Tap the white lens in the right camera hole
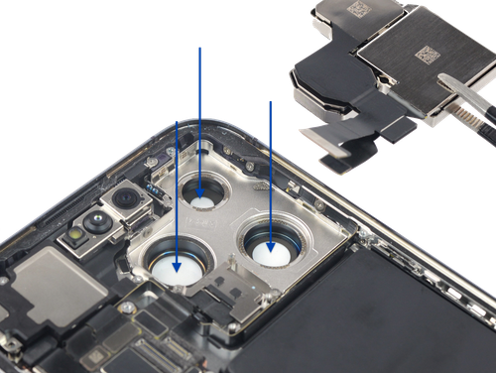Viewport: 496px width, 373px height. pyautogui.click(x=269, y=254)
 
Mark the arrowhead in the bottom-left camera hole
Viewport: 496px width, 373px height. pyautogui.click(x=178, y=264)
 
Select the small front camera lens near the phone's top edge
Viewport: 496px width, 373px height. pyautogui.click(x=126, y=202)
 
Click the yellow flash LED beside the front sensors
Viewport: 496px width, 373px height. pyautogui.click(x=75, y=235)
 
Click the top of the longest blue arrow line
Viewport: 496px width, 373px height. pyautogui.click(x=201, y=47)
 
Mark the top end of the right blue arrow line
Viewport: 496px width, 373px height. pyautogui.click(x=269, y=100)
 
